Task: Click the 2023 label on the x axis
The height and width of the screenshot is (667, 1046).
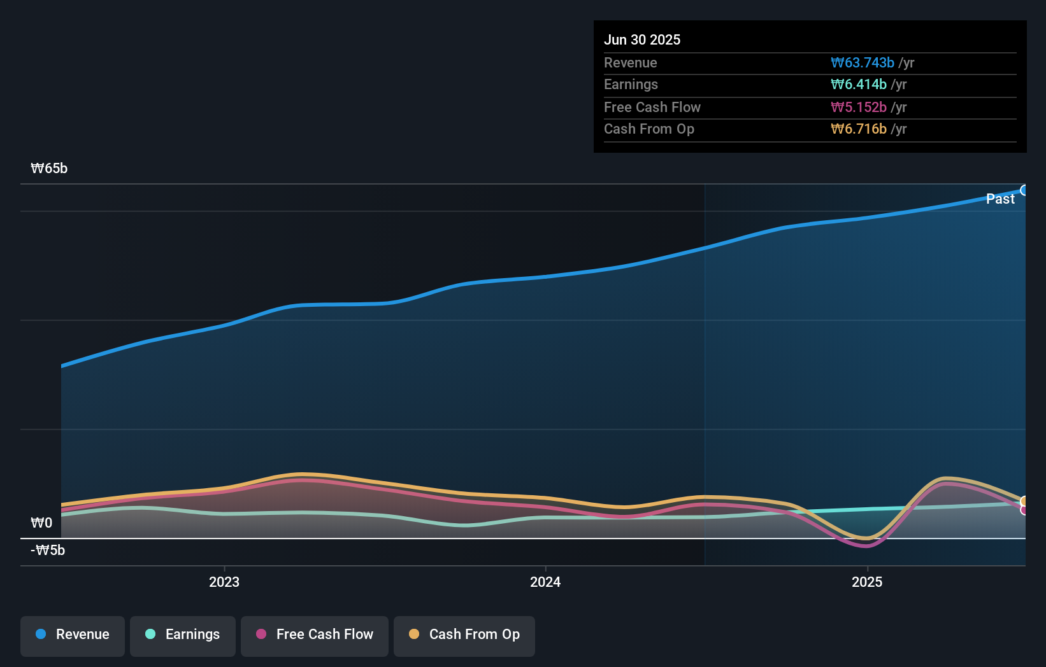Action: tap(224, 582)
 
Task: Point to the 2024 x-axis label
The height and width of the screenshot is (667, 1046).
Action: tap(545, 582)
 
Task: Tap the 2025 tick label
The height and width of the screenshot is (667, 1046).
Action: tap(867, 582)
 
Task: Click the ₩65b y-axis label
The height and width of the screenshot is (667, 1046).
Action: tap(49, 169)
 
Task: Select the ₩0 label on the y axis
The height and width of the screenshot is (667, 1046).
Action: tap(41, 523)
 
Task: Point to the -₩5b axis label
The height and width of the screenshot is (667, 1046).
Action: tap(48, 551)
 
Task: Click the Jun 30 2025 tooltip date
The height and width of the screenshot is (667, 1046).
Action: tap(642, 40)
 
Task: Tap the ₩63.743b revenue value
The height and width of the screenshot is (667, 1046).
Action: tap(863, 63)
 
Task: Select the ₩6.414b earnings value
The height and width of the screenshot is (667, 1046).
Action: tap(859, 85)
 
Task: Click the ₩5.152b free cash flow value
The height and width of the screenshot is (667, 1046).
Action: tap(859, 108)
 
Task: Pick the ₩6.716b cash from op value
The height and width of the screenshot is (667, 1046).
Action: tap(859, 129)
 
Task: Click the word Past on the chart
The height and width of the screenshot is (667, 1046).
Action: tap(1000, 199)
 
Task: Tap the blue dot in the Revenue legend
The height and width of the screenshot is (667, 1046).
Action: tap(41, 634)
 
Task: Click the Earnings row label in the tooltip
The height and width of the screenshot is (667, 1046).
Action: tap(631, 85)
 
